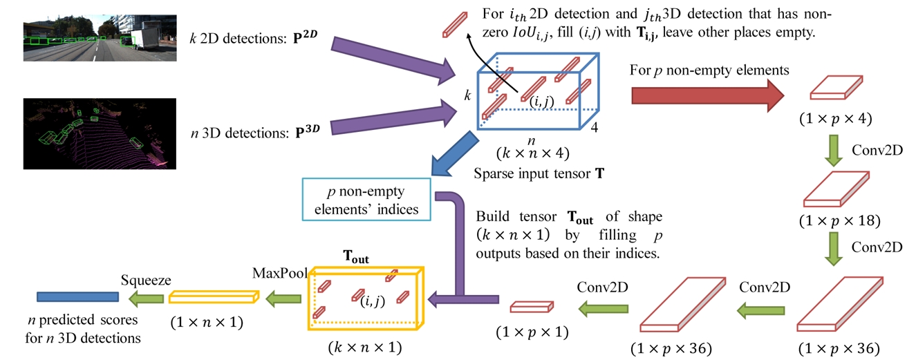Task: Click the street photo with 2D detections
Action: click(x=100, y=38)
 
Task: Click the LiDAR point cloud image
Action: click(x=100, y=133)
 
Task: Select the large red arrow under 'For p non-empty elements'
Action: click(x=707, y=95)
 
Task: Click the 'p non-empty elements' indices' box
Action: click(x=366, y=200)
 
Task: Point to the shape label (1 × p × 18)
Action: click(x=839, y=220)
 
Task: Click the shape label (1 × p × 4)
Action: click(x=835, y=118)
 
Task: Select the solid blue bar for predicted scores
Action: click(x=77, y=296)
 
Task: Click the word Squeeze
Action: click(x=146, y=280)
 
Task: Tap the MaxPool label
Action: click(x=280, y=273)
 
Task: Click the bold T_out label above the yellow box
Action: click(x=356, y=257)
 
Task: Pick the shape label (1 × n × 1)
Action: click(x=207, y=323)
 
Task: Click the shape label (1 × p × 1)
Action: click(x=532, y=332)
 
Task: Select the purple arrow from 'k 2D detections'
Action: click(x=393, y=61)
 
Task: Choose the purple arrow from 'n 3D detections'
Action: click(x=393, y=118)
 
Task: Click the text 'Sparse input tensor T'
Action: click(x=539, y=173)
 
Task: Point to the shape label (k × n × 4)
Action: click(x=532, y=153)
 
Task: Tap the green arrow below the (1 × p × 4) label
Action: click(x=834, y=151)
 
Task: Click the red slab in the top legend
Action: click(x=455, y=25)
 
